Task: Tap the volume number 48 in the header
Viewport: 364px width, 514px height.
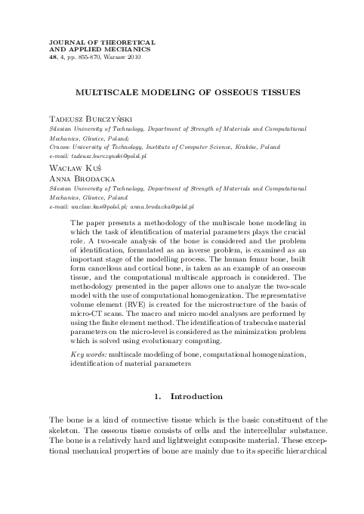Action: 52,56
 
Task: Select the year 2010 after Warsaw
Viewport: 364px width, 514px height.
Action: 130,56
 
